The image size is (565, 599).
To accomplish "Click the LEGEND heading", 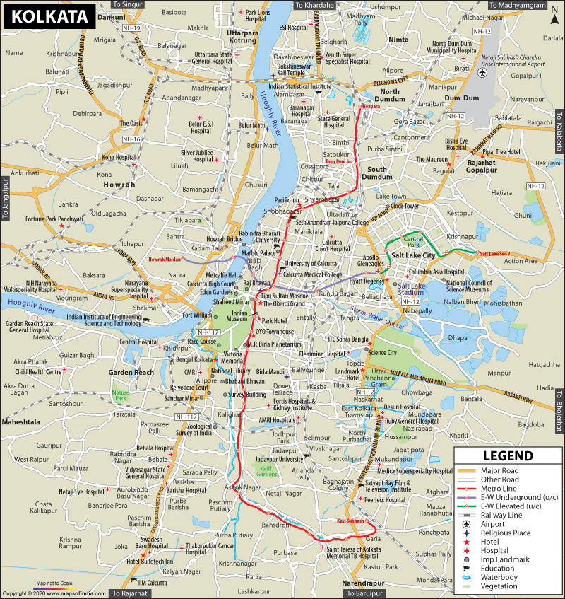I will pyautogui.click(x=507, y=456).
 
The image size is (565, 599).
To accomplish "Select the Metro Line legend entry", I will pyautogui.click(x=499, y=489).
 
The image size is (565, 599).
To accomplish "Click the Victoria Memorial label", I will pyautogui.click(x=233, y=356).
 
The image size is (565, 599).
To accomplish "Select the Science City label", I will pyautogui.click(x=383, y=352).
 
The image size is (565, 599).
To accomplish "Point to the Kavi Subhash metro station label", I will pyautogui.click(x=351, y=521).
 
